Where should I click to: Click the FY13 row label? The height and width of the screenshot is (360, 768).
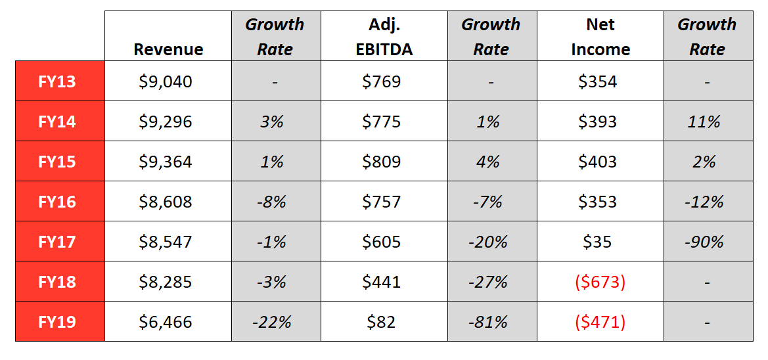[57, 81]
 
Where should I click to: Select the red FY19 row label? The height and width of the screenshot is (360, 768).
[57, 322]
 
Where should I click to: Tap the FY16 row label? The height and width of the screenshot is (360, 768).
[57, 202]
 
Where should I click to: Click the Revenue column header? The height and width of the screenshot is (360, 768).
[168, 49]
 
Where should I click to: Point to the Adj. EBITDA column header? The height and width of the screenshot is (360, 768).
[384, 37]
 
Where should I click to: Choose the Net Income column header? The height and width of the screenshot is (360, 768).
[600, 37]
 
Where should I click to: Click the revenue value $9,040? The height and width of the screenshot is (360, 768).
[166, 81]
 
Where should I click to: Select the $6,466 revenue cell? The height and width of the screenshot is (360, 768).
[166, 322]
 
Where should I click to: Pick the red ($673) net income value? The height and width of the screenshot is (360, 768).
[600, 282]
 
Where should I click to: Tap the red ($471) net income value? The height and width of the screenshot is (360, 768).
[600, 322]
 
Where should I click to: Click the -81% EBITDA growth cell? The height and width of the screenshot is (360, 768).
[488, 322]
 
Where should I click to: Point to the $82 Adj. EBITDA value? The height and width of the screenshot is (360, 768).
[382, 322]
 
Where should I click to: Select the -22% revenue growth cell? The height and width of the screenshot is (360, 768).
[272, 322]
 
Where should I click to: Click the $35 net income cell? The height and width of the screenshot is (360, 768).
[597, 242]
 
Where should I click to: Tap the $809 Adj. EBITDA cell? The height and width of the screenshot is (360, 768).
[382, 162]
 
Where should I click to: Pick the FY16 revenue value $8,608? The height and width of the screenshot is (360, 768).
[166, 202]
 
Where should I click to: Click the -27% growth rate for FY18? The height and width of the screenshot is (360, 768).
[488, 282]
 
